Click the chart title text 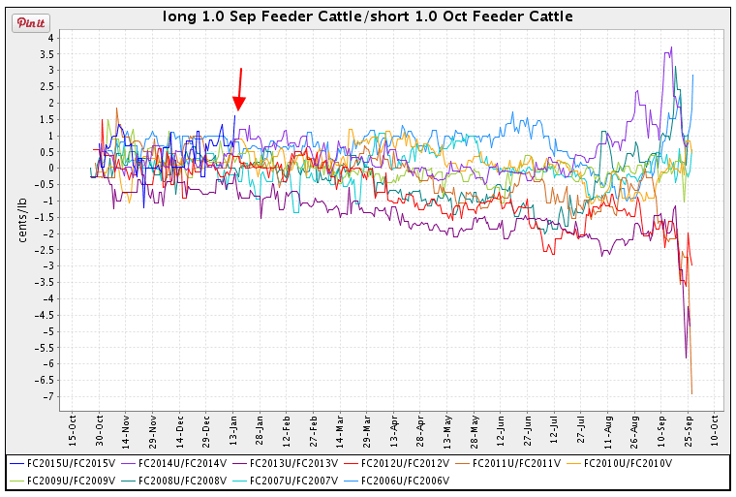pyautogui.click(x=367, y=16)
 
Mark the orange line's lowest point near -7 pyautogui.click(x=691, y=393)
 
